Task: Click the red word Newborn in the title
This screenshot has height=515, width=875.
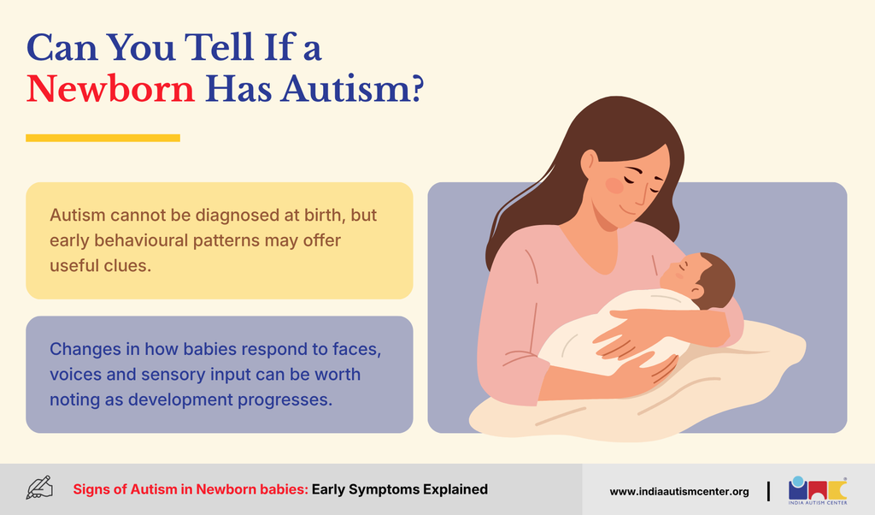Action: tap(110, 89)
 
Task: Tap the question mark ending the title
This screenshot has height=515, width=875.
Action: tap(416, 88)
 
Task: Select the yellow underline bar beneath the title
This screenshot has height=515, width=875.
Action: tap(103, 138)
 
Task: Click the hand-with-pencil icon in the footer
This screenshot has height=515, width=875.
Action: tap(39, 487)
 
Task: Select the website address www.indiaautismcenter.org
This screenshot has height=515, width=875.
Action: tap(679, 492)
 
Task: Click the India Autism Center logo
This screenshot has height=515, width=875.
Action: tap(818, 490)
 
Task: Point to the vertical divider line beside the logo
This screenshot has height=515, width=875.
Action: tap(768, 491)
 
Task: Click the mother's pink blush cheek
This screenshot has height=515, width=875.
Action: tap(614, 186)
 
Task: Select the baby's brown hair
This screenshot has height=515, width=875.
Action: tap(718, 278)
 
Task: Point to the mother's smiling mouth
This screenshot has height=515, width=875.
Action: tap(628, 210)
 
